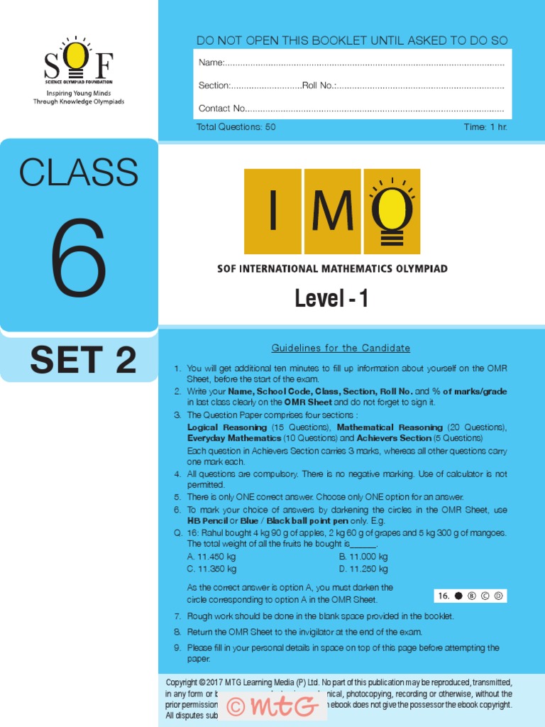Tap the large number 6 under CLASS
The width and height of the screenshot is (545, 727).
pos(78,257)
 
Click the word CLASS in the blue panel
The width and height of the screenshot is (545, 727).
pos(78,173)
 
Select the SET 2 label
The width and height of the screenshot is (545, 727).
pos(83,361)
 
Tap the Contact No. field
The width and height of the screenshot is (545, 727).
pos(351,109)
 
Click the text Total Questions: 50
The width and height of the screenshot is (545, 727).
pos(236,127)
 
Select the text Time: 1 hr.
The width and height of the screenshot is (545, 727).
pos(485,127)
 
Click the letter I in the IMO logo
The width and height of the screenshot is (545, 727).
pos(272,212)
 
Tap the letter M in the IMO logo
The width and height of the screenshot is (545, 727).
pos(332,212)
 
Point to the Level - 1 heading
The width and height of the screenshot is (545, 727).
pos(331,299)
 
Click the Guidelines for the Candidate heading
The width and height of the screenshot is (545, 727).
pos(341,348)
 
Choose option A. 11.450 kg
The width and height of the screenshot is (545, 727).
pos(211,557)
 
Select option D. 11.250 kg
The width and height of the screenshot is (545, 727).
pos(363,569)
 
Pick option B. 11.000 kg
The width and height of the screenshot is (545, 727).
pos(363,557)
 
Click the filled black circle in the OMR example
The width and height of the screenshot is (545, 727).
pos(458,596)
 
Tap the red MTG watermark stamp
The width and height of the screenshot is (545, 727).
pos(271,706)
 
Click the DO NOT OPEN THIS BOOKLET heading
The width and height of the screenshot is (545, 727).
pos(352,40)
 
